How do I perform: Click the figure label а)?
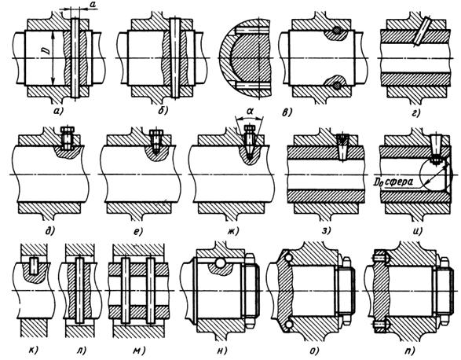tap(57, 112)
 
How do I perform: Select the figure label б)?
tap(162, 111)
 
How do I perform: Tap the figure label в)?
tap(286, 112)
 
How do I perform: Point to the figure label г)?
tap(415, 112)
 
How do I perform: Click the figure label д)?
tap(49, 231)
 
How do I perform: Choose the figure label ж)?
tap(232, 231)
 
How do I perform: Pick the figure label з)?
tap(326, 230)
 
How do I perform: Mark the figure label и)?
tap(417, 231)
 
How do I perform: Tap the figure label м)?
tap(139, 351)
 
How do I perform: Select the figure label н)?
tap(222, 351)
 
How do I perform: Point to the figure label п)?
tap(409, 351)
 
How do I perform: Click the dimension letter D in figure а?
tap(47, 50)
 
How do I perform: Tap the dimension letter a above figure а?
tap(93, 4)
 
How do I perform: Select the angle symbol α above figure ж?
tap(250, 112)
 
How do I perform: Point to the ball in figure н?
tap(220, 263)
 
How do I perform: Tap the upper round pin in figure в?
tap(337, 31)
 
